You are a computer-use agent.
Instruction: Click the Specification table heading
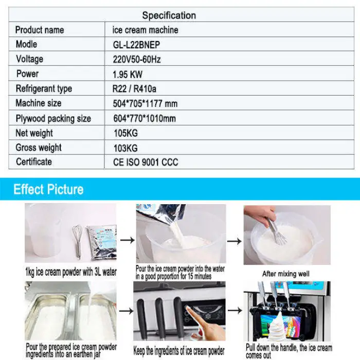click(169, 15)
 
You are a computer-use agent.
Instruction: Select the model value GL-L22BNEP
click(136, 45)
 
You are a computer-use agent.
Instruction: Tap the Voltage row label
click(29, 59)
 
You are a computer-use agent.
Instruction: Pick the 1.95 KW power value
click(127, 74)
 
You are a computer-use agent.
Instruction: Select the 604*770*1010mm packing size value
click(144, 118)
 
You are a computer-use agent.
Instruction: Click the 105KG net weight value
click(125, 133)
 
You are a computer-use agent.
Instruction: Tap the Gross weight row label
click(39, 148)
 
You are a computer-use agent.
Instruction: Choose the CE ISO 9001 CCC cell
click(145, 163)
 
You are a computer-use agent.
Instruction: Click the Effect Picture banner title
click(48, 189)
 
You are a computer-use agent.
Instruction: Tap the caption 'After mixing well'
click(286, 274)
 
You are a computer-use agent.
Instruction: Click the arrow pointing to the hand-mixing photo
click(235, 240)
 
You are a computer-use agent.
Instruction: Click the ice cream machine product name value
click(146, 30)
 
